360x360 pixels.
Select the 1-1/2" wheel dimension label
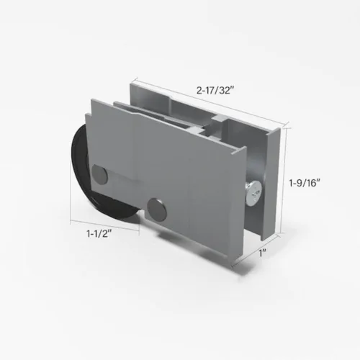point(97,234)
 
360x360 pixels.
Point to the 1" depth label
point(264,253)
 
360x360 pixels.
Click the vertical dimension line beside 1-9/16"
point(289,180)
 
